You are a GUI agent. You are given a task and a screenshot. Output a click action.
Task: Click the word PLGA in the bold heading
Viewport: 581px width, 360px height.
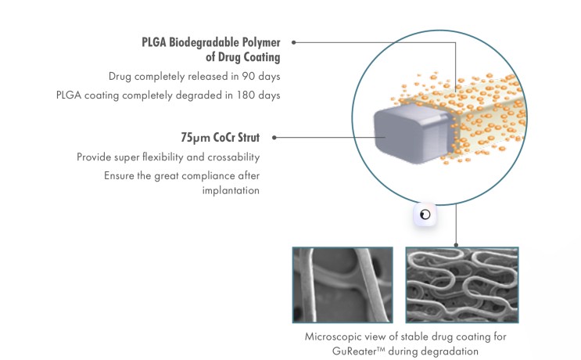pos(154,42)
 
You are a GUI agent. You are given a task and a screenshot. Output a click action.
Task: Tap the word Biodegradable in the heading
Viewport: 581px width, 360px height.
pos(204,42)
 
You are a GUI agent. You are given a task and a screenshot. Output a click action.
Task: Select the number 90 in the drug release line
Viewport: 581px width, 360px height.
pos(248,77)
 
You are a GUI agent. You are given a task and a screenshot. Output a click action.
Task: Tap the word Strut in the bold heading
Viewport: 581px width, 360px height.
pos(249,138)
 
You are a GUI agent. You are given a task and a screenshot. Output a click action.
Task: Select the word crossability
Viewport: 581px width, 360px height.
pos(234,157)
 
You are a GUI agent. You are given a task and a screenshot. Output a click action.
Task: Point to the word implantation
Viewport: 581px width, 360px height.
pos(231,191)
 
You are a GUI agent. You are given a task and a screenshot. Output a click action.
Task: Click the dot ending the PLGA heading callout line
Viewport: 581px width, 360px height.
pos(294,42)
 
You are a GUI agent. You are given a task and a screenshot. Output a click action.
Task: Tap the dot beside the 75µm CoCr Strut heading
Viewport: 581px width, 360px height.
pos(274,138)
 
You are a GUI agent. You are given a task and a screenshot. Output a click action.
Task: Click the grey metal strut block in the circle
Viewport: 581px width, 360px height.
pos(413,134)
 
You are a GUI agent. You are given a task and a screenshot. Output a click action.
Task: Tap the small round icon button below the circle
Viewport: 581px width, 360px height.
pos(425,214)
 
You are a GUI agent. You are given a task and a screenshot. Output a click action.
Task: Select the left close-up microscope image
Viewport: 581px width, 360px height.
pos(343,285)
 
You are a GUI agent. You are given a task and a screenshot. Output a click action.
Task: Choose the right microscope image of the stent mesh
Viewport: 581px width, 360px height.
pos(462,285)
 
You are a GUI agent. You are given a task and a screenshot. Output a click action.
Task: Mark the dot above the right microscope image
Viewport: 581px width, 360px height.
pos(456,245)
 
